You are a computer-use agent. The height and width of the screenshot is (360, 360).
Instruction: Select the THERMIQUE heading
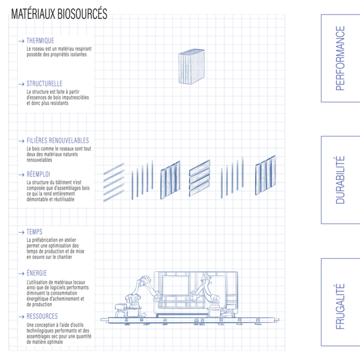[40, 41]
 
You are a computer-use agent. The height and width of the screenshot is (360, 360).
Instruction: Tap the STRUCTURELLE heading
[44, 84]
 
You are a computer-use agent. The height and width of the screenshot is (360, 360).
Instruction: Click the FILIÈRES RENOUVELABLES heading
[58, 140]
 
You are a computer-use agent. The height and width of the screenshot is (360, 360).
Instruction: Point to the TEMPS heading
[34, 232]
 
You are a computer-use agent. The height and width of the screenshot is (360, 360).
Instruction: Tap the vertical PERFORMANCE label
[340, 58]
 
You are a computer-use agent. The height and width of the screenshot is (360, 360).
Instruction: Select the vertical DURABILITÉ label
[340, 180]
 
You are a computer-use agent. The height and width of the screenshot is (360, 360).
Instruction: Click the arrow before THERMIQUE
[21, 41]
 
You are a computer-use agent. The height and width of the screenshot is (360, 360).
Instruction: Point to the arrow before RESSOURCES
[21, 316]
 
